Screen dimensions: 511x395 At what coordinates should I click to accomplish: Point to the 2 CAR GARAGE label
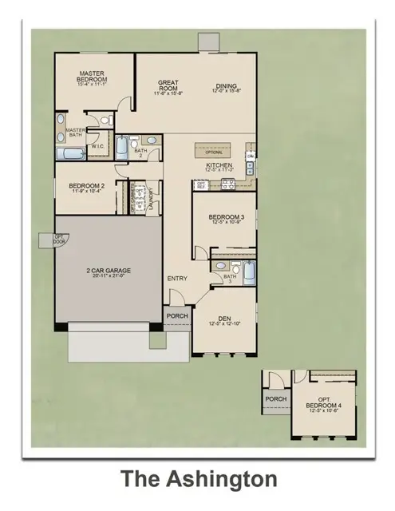[109, 271]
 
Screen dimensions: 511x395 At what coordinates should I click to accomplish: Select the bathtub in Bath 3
[247, 272]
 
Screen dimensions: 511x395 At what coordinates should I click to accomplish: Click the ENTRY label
[176, 278]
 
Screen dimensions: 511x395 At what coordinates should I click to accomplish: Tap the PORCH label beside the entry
[176, 316]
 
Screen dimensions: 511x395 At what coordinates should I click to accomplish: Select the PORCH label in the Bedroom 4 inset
[275, 398]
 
